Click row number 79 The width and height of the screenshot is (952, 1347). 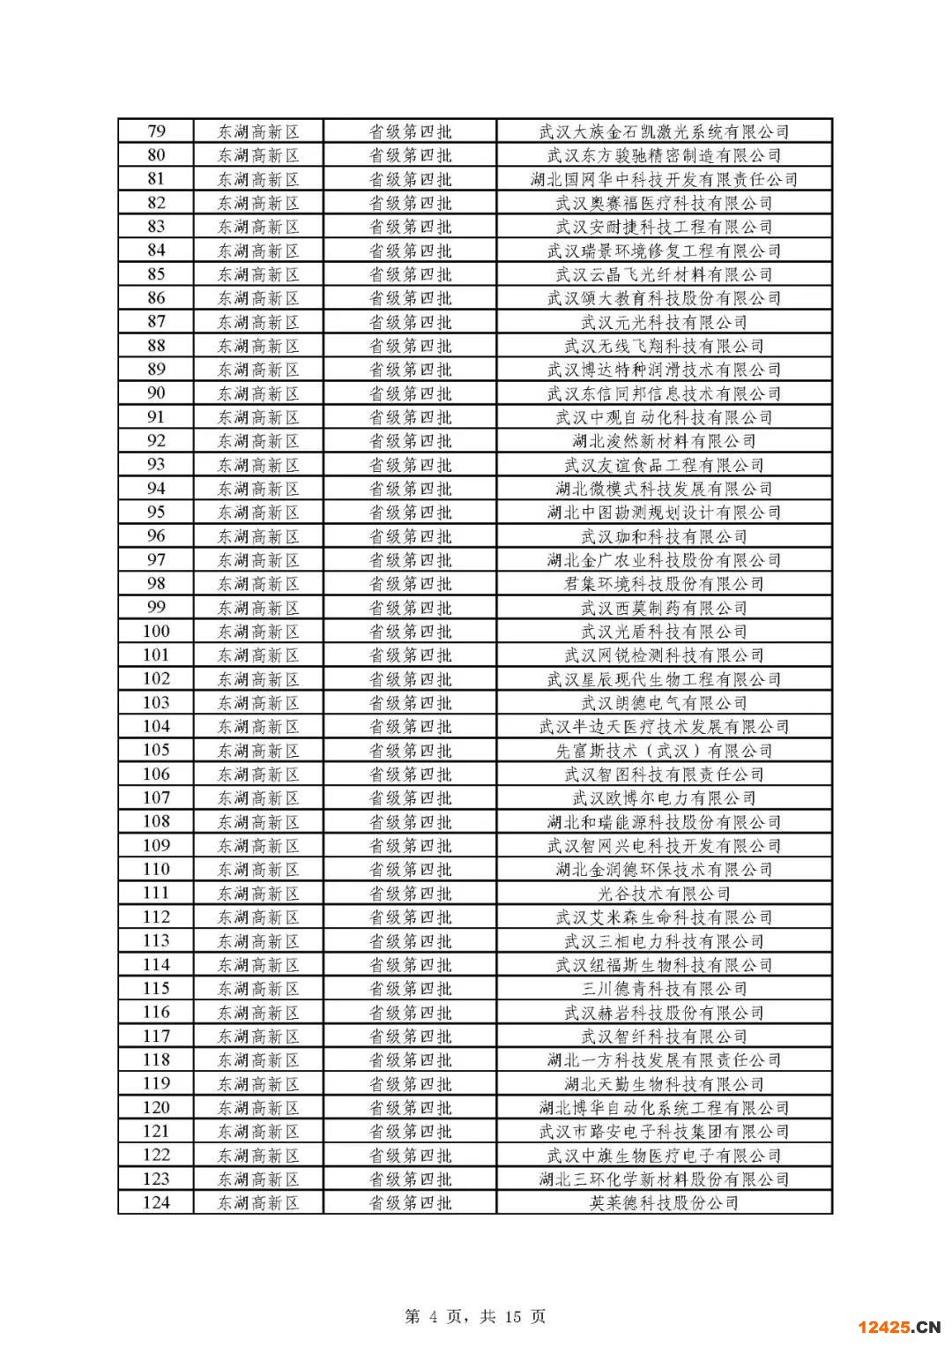[x=156, y=131]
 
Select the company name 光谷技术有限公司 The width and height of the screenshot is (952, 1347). [x=664, y=894]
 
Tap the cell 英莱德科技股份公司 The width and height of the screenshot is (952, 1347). [x=664, y=1203]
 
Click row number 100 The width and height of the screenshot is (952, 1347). [x=156, y=632]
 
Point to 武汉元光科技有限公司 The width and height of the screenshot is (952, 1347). [x=664, y=322]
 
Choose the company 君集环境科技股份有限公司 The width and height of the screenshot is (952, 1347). [x=664, y=584]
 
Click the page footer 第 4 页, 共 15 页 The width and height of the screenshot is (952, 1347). [x=475, y=1316]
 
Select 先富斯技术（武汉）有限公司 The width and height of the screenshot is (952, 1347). [x=664, y=751]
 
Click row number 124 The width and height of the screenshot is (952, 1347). [x=156, y=1203]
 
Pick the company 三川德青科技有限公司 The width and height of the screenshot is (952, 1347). [x=664, y=989]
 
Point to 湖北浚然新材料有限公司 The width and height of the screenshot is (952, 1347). [x=664, y=441]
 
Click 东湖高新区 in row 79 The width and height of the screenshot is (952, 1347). [x=258, y=131]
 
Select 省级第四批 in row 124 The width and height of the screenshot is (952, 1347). [x=410, y=1203]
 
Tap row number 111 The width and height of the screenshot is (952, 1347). [x=156, y=894]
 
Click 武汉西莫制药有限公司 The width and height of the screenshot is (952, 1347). [x=664, y=608]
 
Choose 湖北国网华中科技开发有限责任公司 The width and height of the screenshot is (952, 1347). [x=664, y=179]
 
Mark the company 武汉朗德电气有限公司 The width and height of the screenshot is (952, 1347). [x=664, y=703]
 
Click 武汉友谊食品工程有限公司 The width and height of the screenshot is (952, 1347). [x=664, y=465]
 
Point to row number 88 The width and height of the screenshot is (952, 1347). [x=156, y=346]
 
